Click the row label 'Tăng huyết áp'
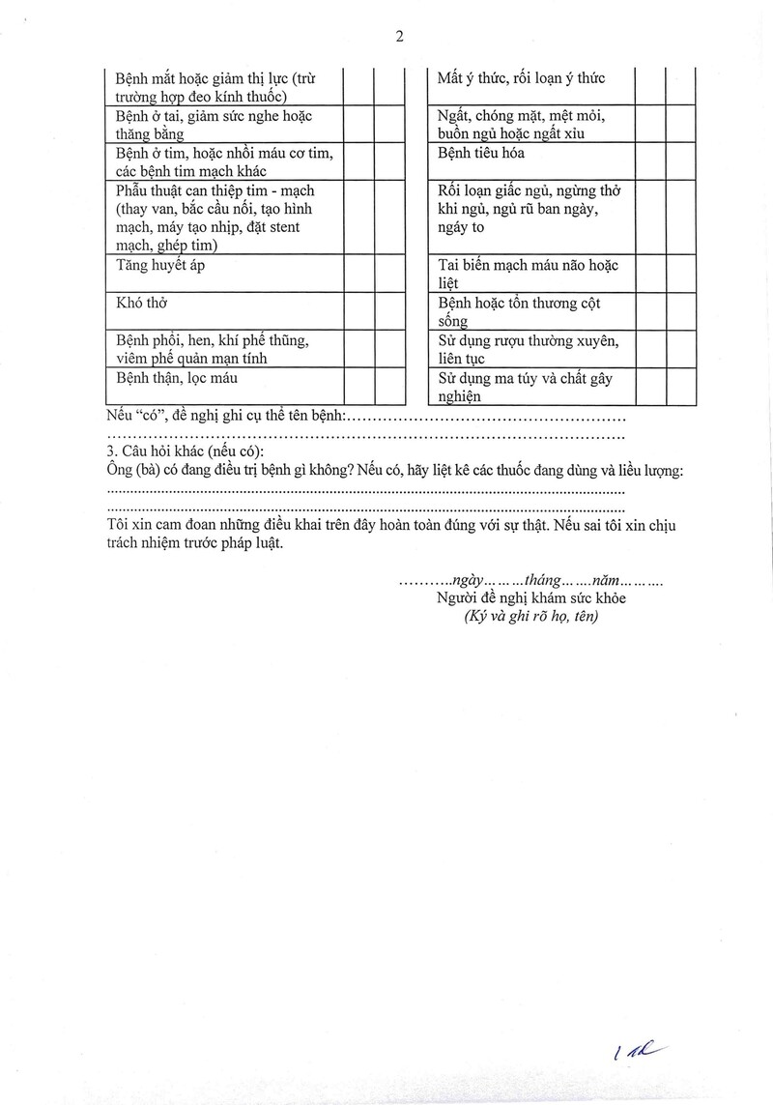tap(158, 267)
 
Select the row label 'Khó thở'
tap(142, 303)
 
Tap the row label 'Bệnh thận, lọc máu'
tap(176, 378)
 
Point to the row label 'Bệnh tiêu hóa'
tap(481, 154)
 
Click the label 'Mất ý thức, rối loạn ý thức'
tap(522, 78)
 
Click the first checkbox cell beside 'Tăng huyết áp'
tap(358, 273)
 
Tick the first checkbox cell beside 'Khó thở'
tap(358, 310)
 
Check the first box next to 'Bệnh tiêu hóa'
tap(649, 163)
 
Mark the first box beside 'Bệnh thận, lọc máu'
tap(358, 386)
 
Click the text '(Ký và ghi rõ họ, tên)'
tap(530, 616)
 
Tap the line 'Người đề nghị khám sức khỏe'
tap(530, 598)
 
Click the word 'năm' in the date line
tap(605, 581)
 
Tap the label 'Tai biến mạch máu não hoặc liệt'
tap(528, 274)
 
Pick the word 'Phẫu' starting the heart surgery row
tap(132, 190)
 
